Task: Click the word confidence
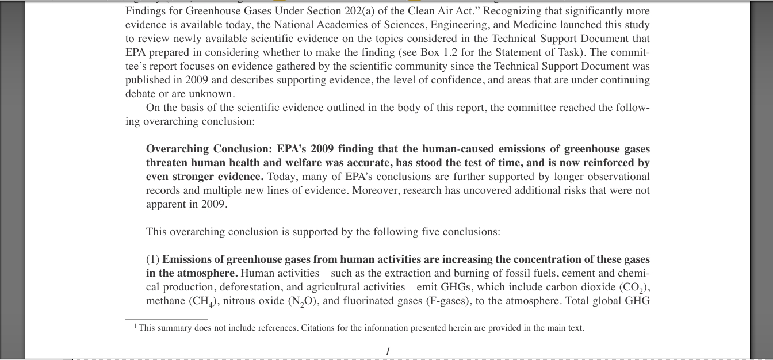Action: click(456, 80)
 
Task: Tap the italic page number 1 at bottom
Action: click(388, 351)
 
